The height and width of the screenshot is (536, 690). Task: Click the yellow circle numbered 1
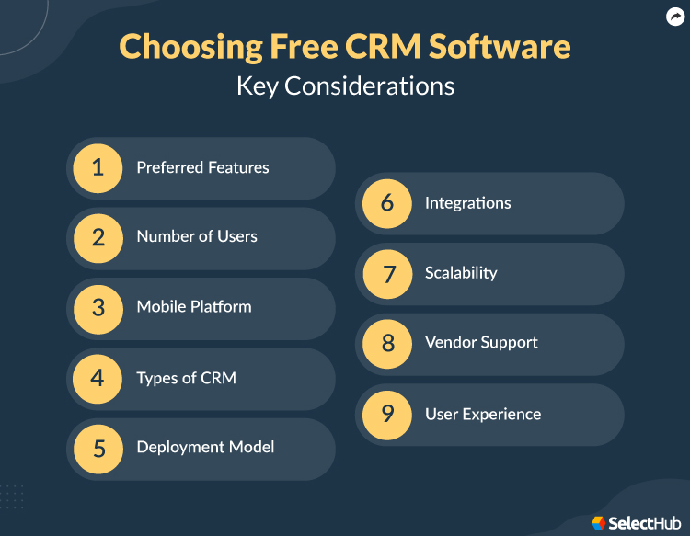[x=98, y=168]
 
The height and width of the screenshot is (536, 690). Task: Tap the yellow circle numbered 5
[x=98, y=448]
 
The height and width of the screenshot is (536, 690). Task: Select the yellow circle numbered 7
[x=387, y=273]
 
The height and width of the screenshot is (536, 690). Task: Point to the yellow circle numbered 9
[x=387, y=414]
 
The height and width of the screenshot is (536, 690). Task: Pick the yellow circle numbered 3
[x=98, y=307]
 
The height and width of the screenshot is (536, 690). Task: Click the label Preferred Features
[x=202, y=168]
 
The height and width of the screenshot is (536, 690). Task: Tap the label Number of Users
[x=197, y=237]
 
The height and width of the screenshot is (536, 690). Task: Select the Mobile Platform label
[x=194, y=307]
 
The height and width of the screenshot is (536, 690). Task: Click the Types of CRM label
[x=186, y=378]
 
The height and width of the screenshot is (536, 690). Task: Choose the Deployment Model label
[x=205, y=448]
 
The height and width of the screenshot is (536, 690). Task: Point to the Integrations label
[x=467, y=203]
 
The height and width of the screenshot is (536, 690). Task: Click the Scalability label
[x=461, y=273]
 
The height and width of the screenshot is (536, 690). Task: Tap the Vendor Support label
[x=481, y=343]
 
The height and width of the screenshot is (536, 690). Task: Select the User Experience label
[x=483, y=414]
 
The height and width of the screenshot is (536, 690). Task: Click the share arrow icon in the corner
[x=675, y=17]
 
